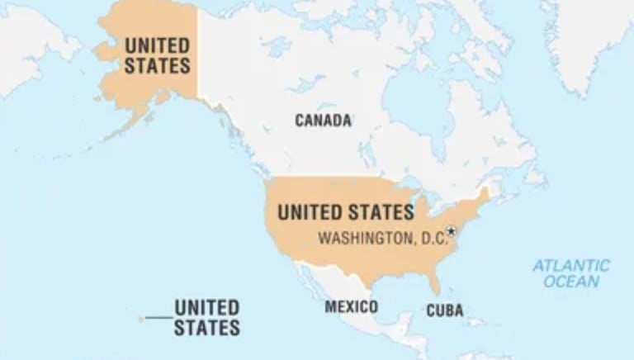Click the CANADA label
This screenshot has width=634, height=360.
point(323,121)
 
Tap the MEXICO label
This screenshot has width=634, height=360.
point(351,307)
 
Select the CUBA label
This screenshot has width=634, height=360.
point(444,311)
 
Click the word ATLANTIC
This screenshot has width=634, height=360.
point(570,266)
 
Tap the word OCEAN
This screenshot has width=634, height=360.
point(571,282)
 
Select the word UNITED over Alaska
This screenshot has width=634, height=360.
point(157,45)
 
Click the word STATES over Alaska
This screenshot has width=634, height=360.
point(157,64)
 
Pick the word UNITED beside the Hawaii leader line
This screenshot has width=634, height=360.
point(206,308)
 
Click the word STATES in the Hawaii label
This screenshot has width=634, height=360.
point(206,328)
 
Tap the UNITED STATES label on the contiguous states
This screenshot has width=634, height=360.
point(345,212)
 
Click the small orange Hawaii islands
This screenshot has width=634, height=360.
point(142,318)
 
